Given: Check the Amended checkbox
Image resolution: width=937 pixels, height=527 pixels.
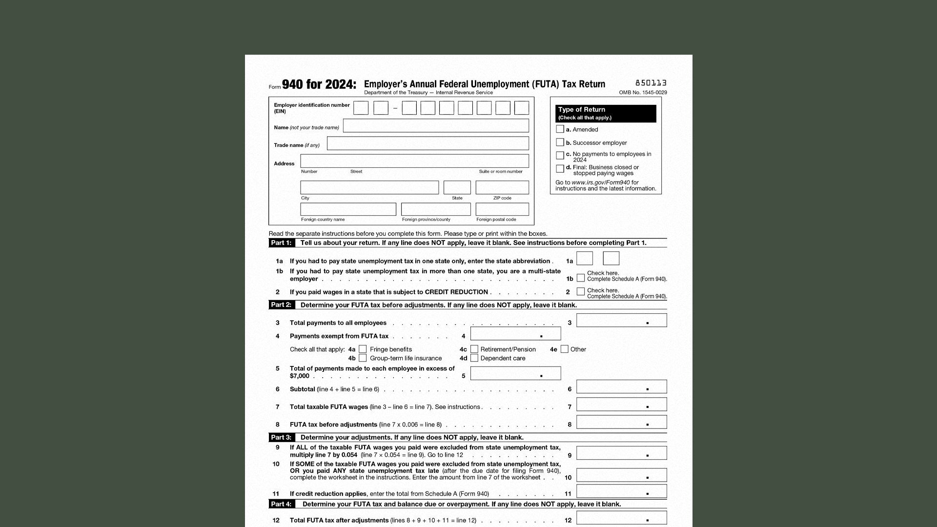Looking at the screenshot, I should point(560,129).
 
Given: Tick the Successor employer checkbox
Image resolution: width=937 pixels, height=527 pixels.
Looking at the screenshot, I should point(560,142).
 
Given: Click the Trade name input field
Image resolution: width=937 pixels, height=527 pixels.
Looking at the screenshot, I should point(428,143).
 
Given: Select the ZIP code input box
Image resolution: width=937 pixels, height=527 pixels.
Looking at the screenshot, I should point(502,187).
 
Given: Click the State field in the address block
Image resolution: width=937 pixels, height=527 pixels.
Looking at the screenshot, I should point(457,187).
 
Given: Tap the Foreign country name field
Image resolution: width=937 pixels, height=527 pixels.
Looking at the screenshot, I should point(348,209).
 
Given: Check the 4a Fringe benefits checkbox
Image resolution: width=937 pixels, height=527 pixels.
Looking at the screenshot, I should point(363,349).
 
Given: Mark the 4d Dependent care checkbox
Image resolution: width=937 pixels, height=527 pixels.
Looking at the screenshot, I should point(474,358).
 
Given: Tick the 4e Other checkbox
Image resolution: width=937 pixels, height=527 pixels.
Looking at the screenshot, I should point(565,349).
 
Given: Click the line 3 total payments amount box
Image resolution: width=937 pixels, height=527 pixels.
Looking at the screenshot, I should point(621,321).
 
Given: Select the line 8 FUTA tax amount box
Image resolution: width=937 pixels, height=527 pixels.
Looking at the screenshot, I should point(621,422).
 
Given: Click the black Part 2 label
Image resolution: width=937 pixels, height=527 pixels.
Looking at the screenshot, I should point(281,305).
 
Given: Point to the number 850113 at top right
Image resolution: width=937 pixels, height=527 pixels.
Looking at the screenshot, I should point(651,83).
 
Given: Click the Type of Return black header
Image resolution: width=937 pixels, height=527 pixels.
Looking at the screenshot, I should point(606,113).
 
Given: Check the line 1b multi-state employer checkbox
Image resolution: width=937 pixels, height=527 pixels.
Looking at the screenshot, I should point(581,278).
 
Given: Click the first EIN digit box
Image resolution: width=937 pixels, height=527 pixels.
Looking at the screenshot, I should point(361,108).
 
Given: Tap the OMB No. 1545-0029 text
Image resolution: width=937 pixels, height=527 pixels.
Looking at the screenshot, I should point(643,93).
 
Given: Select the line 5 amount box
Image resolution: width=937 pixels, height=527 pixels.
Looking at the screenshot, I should point(515,373).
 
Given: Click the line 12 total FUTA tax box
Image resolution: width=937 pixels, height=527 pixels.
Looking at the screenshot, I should point(621,518).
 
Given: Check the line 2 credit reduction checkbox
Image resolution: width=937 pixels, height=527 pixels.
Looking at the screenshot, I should point(581,291).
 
